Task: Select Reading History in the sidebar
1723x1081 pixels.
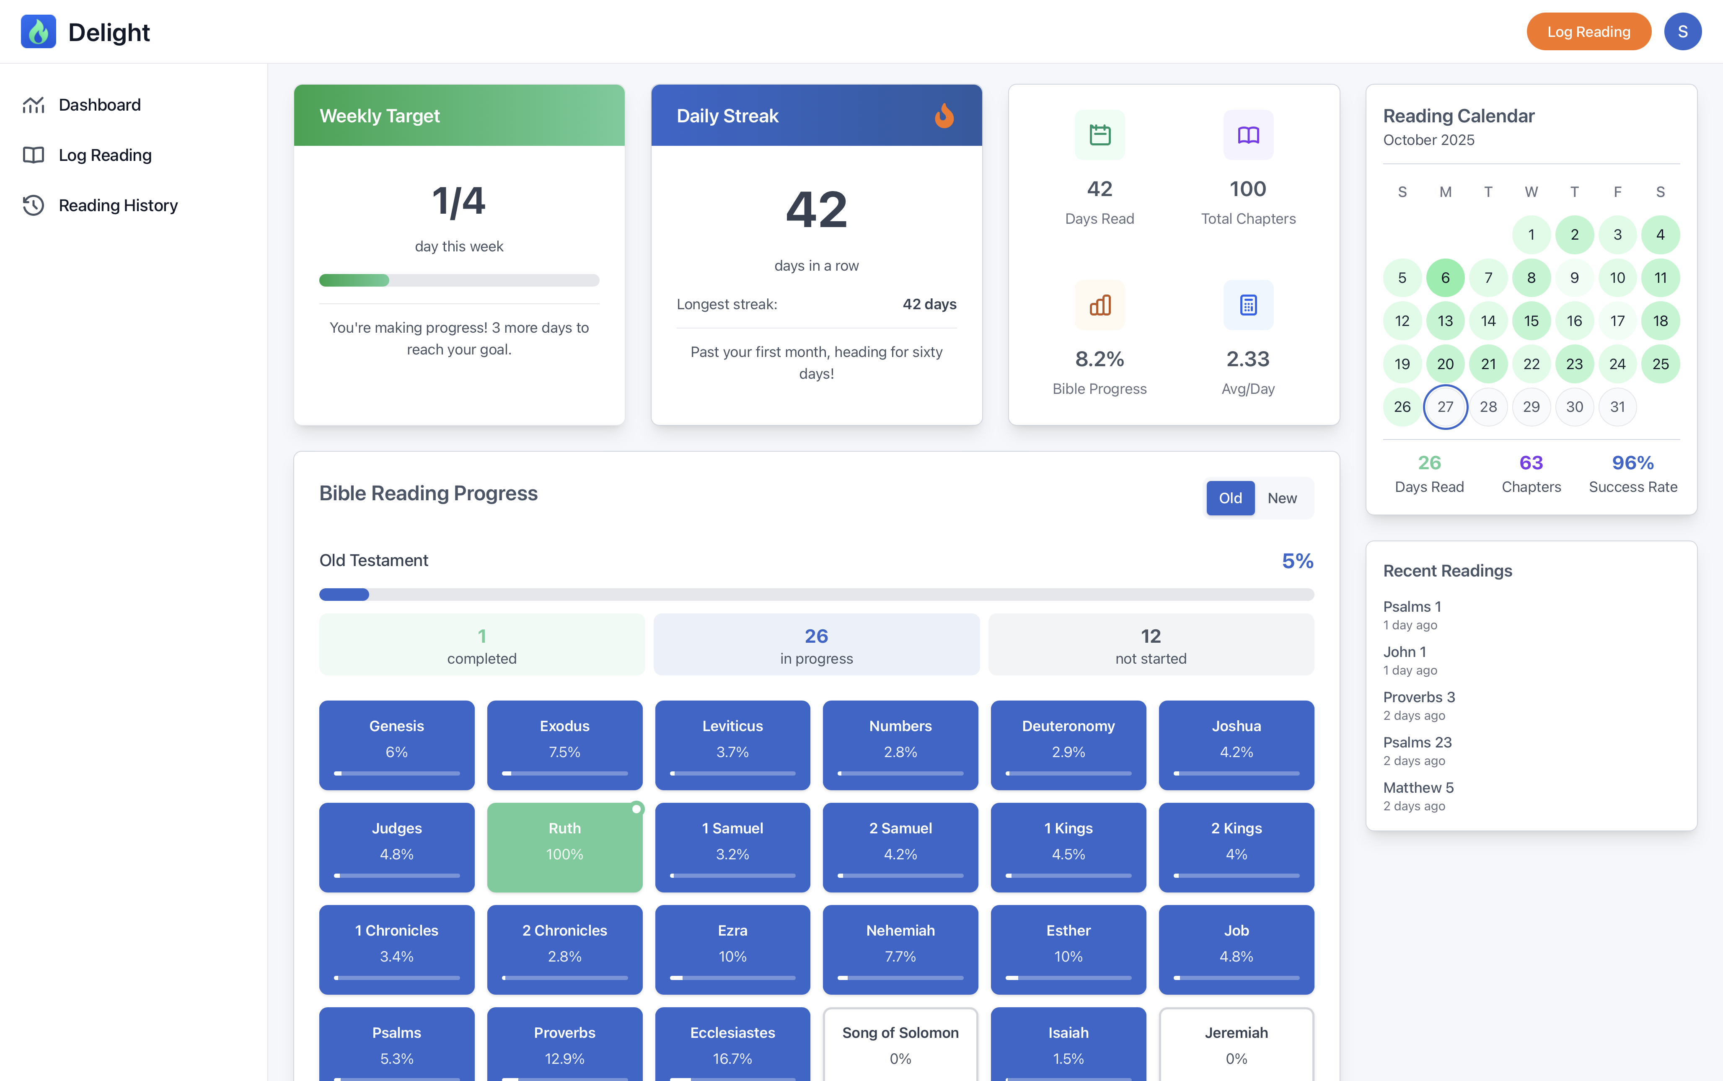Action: (x=118, y=206)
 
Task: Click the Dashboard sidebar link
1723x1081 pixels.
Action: (x=99, y=105)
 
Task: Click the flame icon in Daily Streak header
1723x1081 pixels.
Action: (x=944, y=116)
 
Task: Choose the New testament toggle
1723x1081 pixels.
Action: (x=1282, y=498)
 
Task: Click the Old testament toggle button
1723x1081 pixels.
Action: (x=1230, y=498)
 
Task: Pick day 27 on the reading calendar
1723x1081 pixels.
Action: (x=1445, y=407)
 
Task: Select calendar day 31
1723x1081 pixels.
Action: (x=1617, y=407)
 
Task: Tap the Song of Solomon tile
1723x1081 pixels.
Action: (x=900, y=1044)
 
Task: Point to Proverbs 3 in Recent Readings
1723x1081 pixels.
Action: (x=1418, y=697)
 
